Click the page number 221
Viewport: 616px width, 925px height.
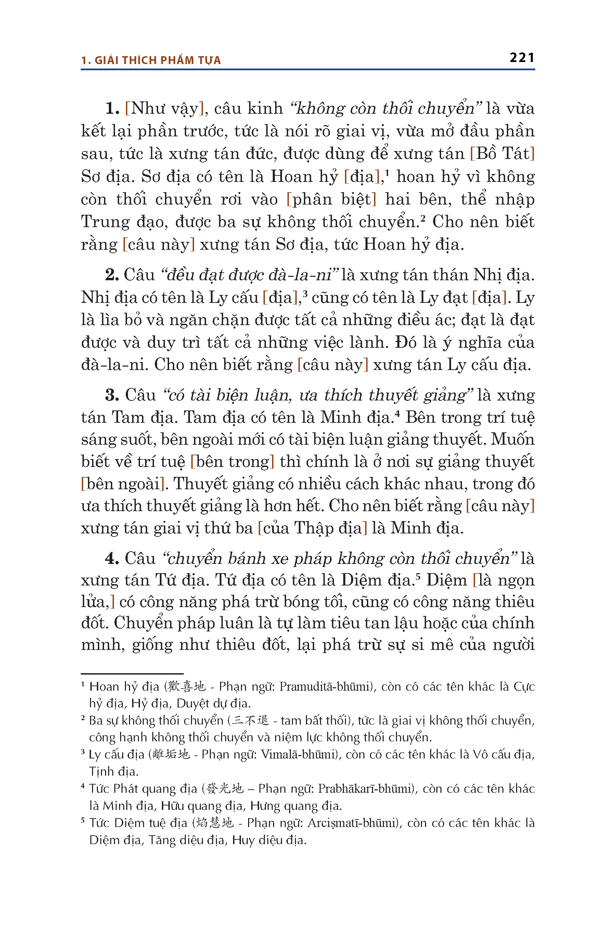tap(522, 58)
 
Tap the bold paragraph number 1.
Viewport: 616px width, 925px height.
tap(112, 109)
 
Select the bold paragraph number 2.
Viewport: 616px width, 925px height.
tap(112, 275)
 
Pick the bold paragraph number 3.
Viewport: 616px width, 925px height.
tap(112, 395)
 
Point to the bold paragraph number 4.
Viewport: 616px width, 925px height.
tap(112, 558)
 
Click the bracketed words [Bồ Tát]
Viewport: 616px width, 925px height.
tap(502, 154)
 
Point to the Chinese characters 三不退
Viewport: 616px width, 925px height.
tap(251, 720)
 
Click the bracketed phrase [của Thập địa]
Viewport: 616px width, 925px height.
tap(312, 528)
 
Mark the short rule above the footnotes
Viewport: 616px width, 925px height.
tap(132, 674)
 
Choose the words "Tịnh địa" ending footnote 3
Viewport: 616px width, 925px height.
tap(114, 772)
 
